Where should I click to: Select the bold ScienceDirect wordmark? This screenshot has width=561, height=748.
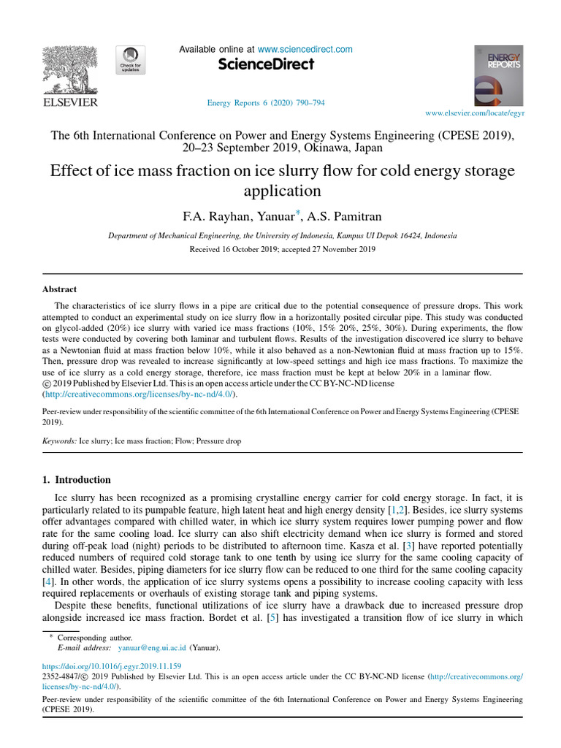(266, 64)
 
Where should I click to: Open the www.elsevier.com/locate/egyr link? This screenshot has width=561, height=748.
(474, 114)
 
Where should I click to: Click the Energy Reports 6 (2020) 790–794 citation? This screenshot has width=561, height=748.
(267, 103)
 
